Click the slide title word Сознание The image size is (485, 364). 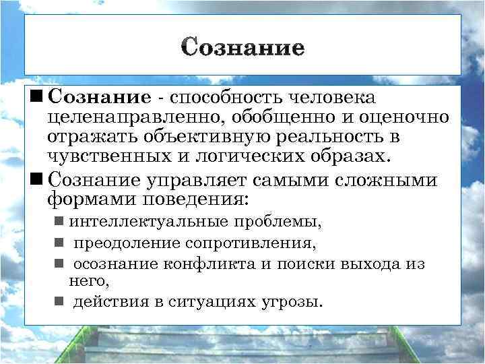coord(243,48)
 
